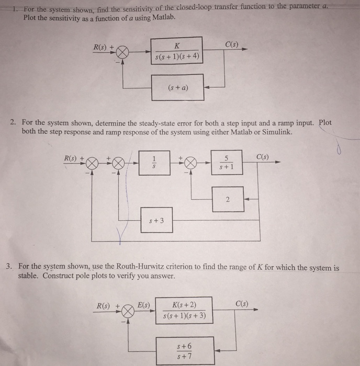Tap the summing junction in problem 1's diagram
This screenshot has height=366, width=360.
(122, 52)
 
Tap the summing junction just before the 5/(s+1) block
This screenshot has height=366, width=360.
(190, 163)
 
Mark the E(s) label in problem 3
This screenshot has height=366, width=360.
(143, 305)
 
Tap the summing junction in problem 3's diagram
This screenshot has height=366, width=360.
(128, 311)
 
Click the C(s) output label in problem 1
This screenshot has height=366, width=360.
(231, 44)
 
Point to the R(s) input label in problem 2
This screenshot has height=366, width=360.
(70, 158)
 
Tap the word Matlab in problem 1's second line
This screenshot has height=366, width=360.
(163, 17)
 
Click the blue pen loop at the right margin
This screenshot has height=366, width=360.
(339, 149)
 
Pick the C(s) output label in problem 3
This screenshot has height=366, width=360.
(242, 304)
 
